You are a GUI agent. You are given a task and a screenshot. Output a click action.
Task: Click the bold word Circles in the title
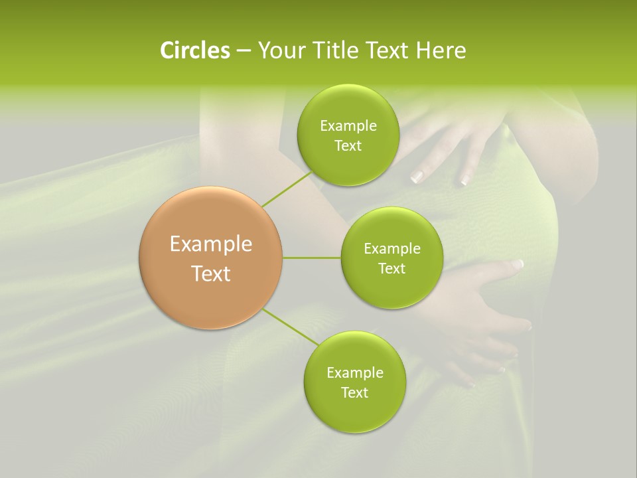(195, 50)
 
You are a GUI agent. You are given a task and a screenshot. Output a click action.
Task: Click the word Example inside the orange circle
(211, 244)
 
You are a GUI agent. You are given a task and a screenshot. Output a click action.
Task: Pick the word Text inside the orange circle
(211, 274)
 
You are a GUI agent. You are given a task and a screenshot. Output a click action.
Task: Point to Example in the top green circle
(348, 126)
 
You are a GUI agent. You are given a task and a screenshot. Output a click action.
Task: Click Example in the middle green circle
(391, 249)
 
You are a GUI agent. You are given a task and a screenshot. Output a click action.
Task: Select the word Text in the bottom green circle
(354, 392)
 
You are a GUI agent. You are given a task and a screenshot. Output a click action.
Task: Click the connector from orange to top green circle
(286, 189)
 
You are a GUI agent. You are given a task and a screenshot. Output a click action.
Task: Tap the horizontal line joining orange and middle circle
(311, 258)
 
